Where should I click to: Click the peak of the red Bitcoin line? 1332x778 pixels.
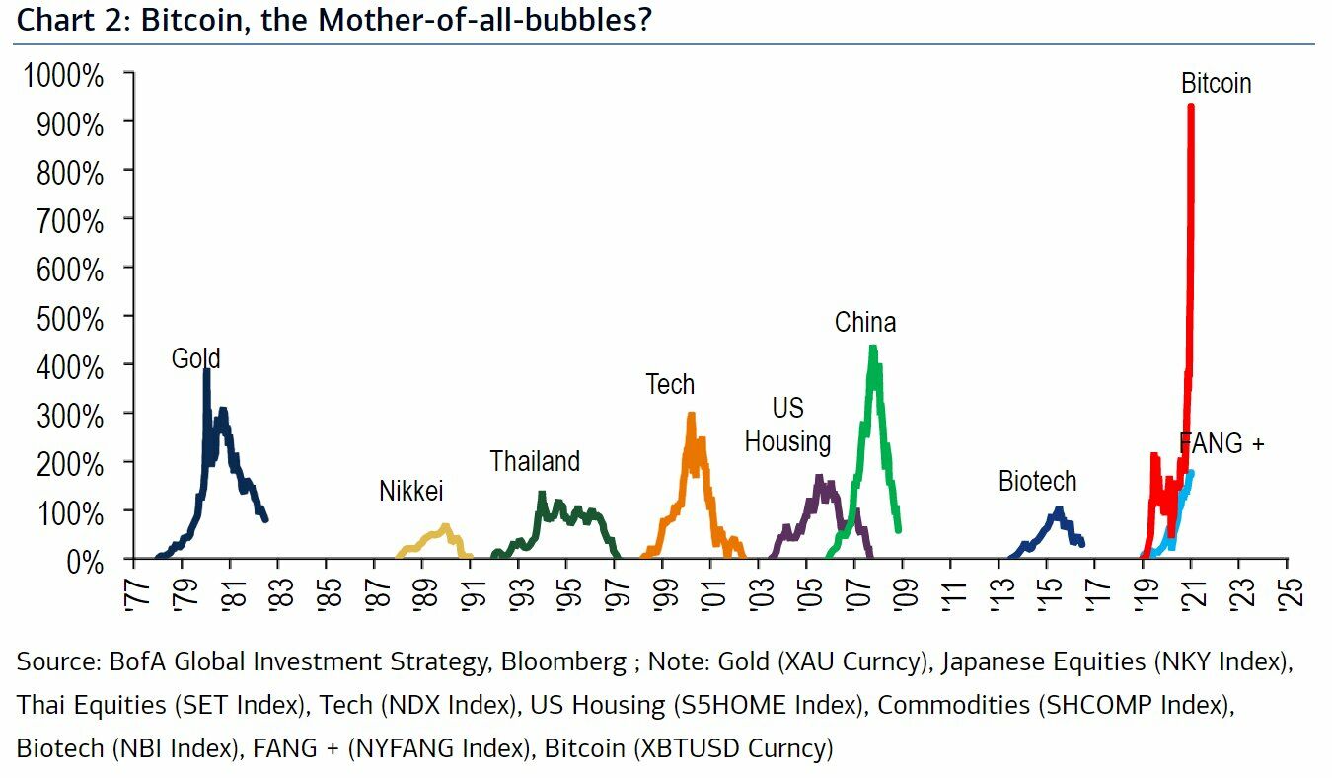point(1191,107)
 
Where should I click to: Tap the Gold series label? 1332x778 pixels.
point(195,357)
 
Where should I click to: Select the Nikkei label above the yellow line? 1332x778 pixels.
point(411,491)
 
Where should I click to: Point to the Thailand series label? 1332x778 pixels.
point(535,461)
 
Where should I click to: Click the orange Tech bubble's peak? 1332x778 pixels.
point(691,416)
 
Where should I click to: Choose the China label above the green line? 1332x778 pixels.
point(865,322)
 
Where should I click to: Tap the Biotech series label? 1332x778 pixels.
point(1037,482)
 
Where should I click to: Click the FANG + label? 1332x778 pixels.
point(1221,444)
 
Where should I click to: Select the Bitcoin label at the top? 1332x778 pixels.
point(1216,84)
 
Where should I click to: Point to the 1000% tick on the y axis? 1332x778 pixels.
point(69,76)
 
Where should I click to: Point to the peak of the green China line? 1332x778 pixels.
point(872,348)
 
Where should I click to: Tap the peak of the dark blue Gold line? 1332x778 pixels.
point(206,371)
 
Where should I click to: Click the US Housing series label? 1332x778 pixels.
point(787,425)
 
